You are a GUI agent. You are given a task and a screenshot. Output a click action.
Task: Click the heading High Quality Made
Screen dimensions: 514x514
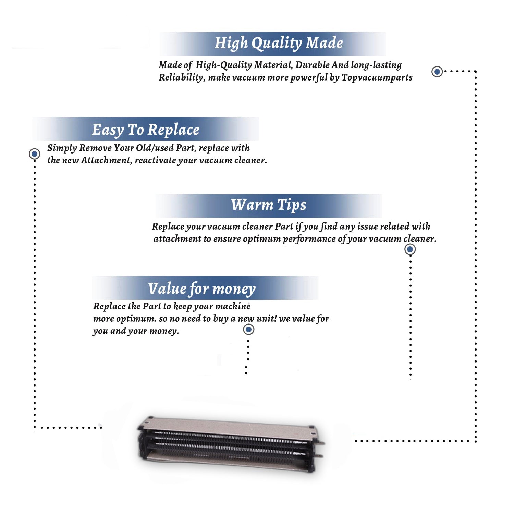[x=279, y=44]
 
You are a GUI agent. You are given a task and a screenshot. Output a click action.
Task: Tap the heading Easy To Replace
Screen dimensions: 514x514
[x=146, y=130]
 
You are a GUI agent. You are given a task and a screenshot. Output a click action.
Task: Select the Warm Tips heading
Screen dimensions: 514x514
[x=268, y=205]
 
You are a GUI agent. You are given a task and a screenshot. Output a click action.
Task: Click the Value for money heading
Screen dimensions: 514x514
[x=201, y=289]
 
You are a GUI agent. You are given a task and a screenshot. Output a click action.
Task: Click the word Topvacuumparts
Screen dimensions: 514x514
[x=377, y=77]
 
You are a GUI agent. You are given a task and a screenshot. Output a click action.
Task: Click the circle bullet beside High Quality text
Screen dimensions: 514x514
[x=437, y=72]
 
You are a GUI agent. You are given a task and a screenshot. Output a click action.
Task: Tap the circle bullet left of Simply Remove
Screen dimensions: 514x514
[x=34, y=154]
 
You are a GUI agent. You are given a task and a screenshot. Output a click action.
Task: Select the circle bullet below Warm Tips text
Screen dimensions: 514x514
[x=410, y=249]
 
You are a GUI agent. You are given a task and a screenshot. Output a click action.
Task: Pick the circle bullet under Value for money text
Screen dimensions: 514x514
[x=248, y=330]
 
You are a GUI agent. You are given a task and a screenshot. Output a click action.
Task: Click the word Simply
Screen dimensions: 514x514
[x=62, y=148]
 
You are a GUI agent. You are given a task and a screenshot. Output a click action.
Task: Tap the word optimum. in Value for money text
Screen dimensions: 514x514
[x=136, y=319]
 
